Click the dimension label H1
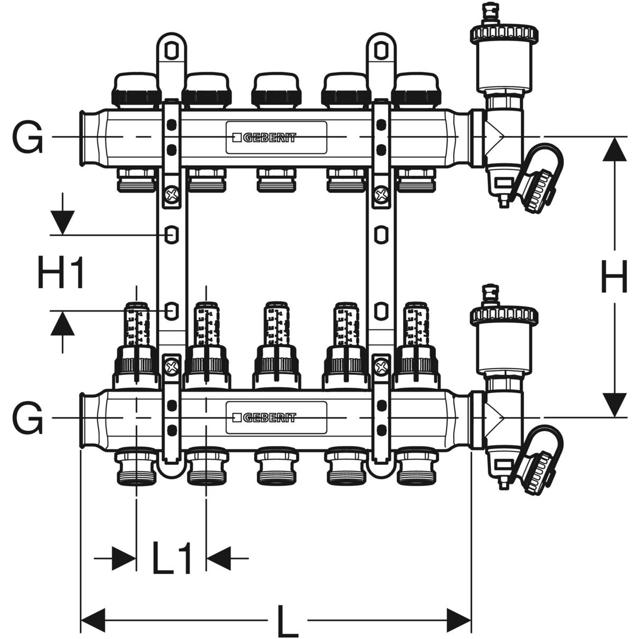point(62,272)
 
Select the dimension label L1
point(171,559)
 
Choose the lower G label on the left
point(27,418)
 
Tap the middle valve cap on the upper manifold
point(276,88)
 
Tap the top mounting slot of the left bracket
point(170,50)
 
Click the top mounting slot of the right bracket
point(380,50)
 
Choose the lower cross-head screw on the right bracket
point(380,367)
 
